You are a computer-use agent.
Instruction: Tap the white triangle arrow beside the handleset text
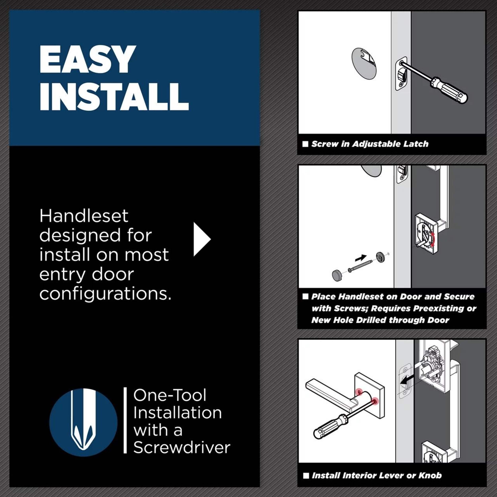click(202, 239)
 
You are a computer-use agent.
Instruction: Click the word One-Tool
click(170, 395)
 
